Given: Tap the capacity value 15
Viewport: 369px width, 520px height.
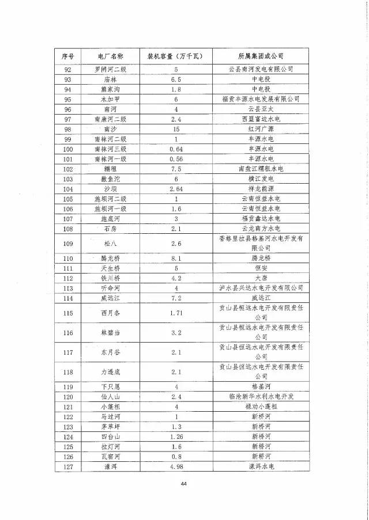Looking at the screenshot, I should (176, 129).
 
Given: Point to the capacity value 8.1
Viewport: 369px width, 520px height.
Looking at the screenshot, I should (176, 259).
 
